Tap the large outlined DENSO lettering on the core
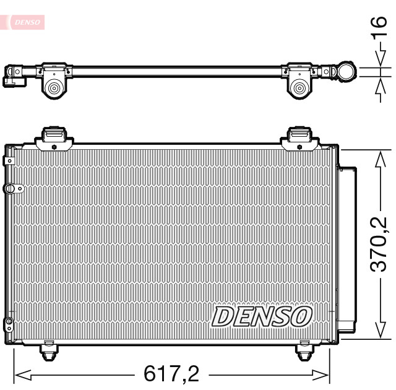point(260,316)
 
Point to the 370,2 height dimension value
point(378,244)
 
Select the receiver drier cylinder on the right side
point(347,248)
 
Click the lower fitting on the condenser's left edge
point(9,323)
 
